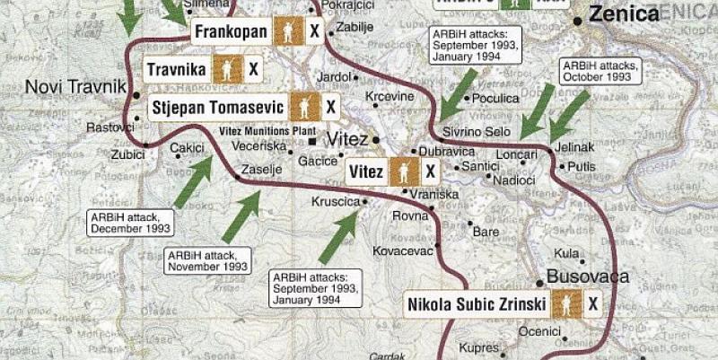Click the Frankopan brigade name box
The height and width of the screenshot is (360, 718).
pyautogui.click(x=231, y=32)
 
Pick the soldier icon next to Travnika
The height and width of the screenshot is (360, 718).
pyautogui.click(x=228, y=68)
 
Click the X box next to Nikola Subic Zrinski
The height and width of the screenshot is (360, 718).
pyautogui.click(x=592, y=304)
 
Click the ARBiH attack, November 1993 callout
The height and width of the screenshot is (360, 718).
pyautogui.click(x=206, y=260)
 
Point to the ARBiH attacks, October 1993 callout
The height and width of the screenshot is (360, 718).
pyautogui.click(x=599, y=71)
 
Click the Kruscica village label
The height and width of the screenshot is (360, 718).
pyautogui.click(x=335, y=203)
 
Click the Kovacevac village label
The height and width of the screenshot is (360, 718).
pyautogui.click(x=403, y=250)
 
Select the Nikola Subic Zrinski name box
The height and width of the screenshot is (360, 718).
pyautogui.click(x=477, y=304)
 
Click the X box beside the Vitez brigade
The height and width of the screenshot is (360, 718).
pyautogui.click(x=430, y=171)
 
